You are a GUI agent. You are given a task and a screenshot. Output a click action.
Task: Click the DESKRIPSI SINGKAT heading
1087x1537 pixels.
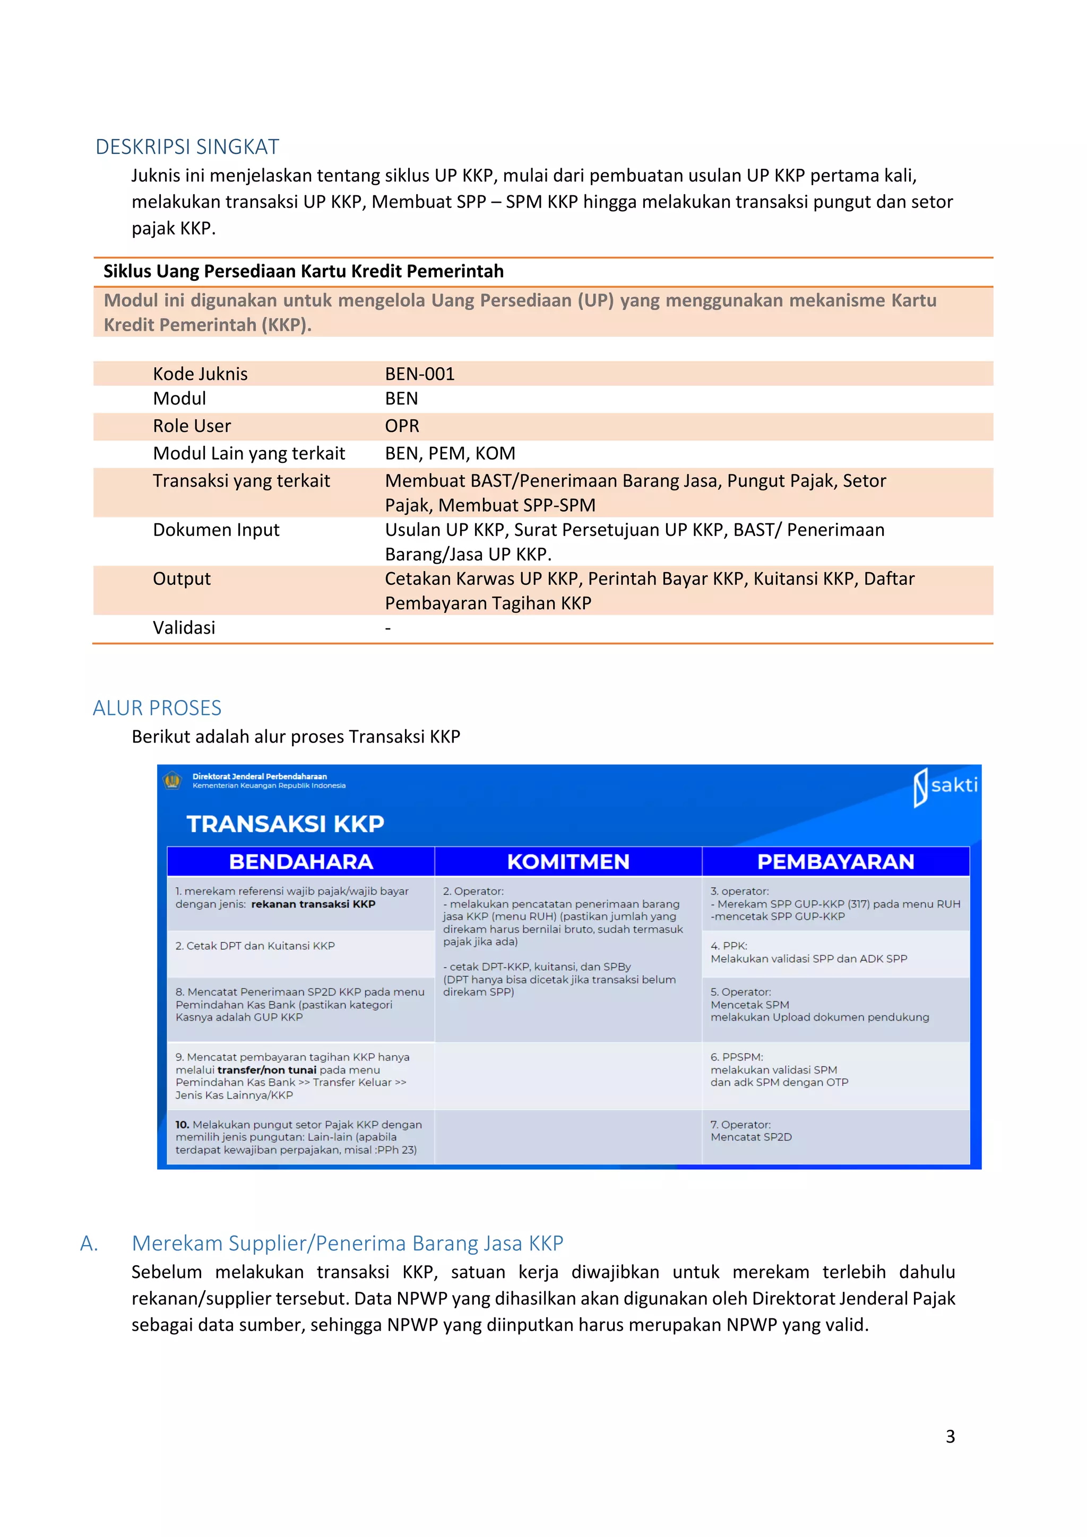187,146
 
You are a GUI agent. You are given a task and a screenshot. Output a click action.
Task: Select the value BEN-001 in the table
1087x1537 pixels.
420,374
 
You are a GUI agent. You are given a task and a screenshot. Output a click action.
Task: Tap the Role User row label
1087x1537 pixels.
192,426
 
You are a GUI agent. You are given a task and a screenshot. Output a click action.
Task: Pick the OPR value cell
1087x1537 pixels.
402,426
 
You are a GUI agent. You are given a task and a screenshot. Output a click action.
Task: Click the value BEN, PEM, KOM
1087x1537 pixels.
450,453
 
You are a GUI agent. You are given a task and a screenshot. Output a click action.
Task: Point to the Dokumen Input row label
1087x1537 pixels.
215,530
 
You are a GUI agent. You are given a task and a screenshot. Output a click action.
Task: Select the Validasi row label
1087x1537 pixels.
184,627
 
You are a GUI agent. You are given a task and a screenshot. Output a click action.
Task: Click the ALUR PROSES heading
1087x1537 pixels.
157,707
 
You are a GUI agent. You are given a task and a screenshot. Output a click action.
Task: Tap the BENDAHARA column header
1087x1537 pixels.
300,861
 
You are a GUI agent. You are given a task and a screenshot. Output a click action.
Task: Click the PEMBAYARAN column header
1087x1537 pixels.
835,861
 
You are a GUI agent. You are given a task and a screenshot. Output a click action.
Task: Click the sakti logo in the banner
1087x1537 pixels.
945,785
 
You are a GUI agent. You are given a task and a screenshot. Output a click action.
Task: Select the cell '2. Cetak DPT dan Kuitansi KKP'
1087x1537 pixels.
255,946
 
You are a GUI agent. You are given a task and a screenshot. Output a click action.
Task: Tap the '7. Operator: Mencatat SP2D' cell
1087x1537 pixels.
751,1130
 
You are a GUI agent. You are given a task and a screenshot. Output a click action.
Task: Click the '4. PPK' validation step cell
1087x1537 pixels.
808,953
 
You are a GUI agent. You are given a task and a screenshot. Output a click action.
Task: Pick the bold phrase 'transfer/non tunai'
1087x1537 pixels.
266,1070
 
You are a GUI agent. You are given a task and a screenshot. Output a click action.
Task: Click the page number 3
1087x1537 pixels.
950,1436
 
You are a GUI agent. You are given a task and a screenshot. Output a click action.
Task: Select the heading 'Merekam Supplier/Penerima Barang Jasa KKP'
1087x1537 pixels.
348,1243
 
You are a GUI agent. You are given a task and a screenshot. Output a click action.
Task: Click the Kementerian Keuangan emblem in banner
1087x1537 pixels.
172,781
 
